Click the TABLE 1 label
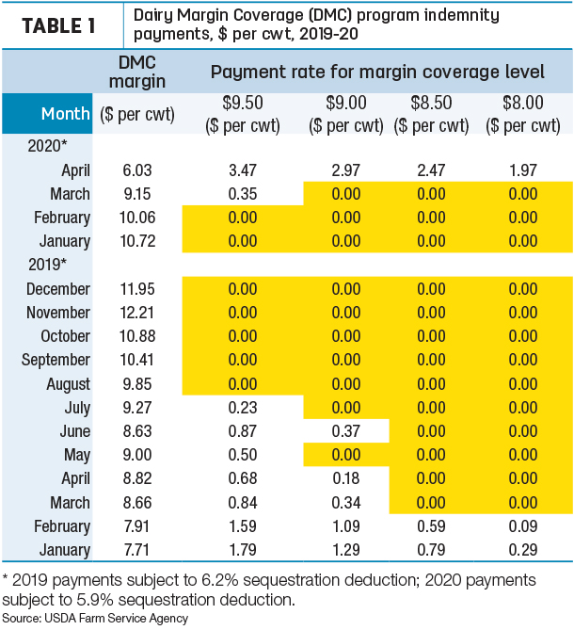(x=58, y=26)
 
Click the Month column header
(x=66, y=114)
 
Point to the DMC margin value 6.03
(x=137, y=170)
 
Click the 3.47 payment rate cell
(x=243, y=170)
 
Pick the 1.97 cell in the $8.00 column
(x=522, y=170)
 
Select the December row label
(x=58, y=289)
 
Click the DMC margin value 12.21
(x=137, y=313)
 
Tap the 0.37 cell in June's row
(x=345, y=431)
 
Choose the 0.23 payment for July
(x=243, y=408)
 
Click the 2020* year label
(x=47, y=146)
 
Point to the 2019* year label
(x=47, y=265)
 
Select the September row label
(x=56, y=360)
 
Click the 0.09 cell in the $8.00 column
(x=522, y=525)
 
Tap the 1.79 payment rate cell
(x=243, y=550)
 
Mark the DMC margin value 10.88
(x=137, y=336)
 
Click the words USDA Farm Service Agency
(x=116, y=618)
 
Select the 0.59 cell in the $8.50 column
(x=431, y=525)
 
